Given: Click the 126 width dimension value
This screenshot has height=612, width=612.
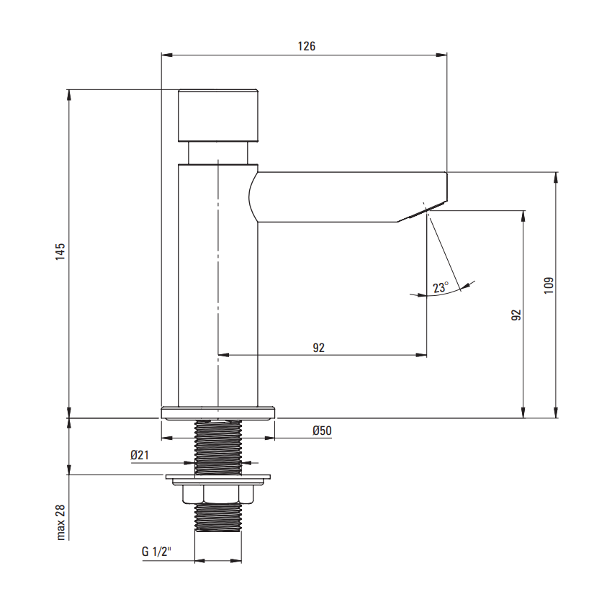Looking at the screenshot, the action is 307,46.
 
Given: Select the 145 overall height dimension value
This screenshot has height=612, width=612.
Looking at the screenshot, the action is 60,252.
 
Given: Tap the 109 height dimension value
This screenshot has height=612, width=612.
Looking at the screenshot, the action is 549,285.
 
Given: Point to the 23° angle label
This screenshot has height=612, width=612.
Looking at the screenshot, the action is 441,287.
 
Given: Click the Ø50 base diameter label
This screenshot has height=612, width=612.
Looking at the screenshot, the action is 322,431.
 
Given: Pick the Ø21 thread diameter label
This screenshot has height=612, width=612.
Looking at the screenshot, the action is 140,455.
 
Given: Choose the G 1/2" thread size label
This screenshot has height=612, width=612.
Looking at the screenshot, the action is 156,552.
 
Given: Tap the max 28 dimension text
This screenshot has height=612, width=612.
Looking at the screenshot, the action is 60,523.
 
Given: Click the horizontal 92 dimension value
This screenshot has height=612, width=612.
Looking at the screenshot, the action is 318,347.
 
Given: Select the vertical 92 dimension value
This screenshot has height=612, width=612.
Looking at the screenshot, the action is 516,315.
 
